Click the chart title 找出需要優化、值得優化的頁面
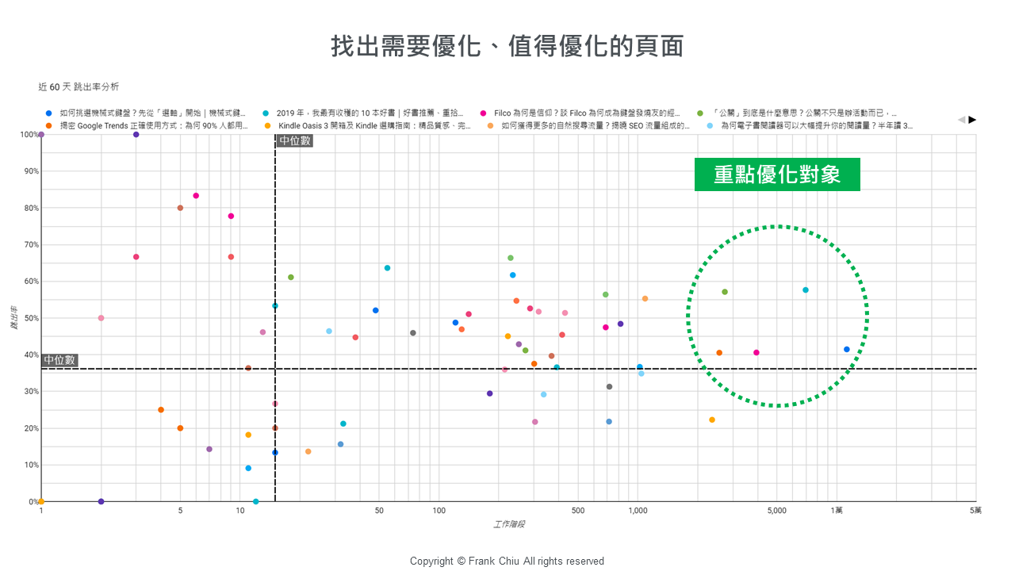(x=507, y=46)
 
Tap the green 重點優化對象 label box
(x=777, y=174)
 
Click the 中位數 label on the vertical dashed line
(x=295, y=141)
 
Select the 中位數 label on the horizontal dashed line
(x=59, y=360)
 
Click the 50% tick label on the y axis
(x=30, y=318)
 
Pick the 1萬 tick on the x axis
(x=837, y=511)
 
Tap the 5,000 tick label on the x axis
(x=777, y=511)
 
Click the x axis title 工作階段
(x=509, y=524)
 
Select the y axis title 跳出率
(x=15, y=318)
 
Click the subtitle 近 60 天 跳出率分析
(x=79, y=86)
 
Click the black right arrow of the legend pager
(x=973, y=120)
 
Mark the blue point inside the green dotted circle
(x=847, y=350)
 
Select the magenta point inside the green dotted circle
(x=756, y=353)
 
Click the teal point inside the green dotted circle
(x=806, y=290)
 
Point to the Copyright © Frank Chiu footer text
(x=507, y=561)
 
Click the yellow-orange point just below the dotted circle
(x=712, y=420)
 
